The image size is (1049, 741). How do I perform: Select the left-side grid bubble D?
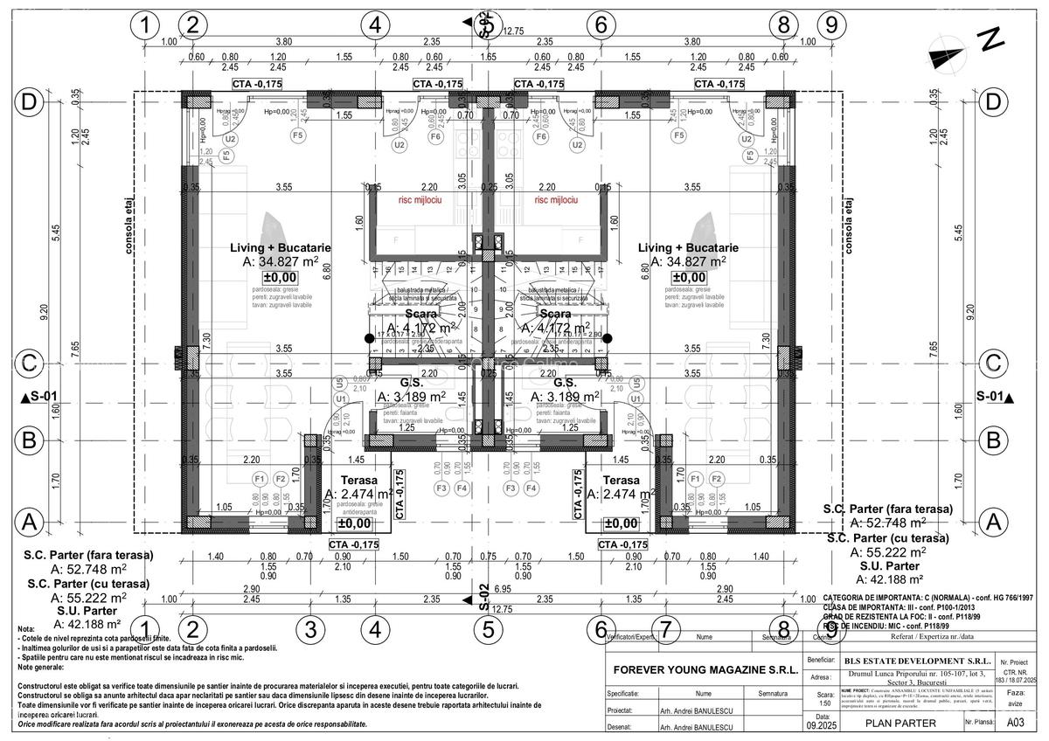tap(30, 102)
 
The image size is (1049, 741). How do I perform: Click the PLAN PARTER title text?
tap(900, 723)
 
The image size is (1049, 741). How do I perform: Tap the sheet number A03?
tap(1015, 723)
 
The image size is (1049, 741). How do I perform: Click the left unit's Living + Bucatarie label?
tap(281, 248)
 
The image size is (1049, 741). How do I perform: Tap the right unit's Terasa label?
tap(622, 481)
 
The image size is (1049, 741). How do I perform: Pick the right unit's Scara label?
tap(556, 314)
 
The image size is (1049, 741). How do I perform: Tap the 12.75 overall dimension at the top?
tap(513, 31)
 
